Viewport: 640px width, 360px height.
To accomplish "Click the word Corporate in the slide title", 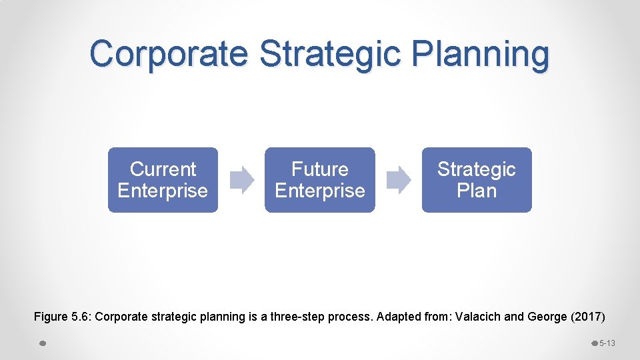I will click(x=168, y=53).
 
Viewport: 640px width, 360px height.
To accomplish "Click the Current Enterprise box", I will click(x=163, y=180).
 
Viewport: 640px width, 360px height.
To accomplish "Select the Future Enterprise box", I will click(x=320, y=180).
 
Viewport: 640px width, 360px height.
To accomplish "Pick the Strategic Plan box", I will click(x=477, y=180).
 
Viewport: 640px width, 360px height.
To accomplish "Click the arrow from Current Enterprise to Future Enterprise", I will click(x=242, y=180).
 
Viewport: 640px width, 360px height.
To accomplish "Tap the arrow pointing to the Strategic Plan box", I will click(x=399, y=180).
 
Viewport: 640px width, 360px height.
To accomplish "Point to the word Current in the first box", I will click(x=163, y=169).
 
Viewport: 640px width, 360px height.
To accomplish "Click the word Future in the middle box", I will click(x=320, y=169).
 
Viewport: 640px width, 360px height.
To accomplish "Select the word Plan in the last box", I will click(x=477, y=191).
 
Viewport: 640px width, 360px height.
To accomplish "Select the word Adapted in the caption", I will click(x=398, y=317).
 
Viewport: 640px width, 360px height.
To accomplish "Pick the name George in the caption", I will click(x=546, y=317).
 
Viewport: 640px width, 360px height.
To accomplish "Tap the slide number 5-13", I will click(x=607, y=343).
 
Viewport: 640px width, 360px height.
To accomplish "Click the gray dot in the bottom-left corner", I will click(x=42, y=343).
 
